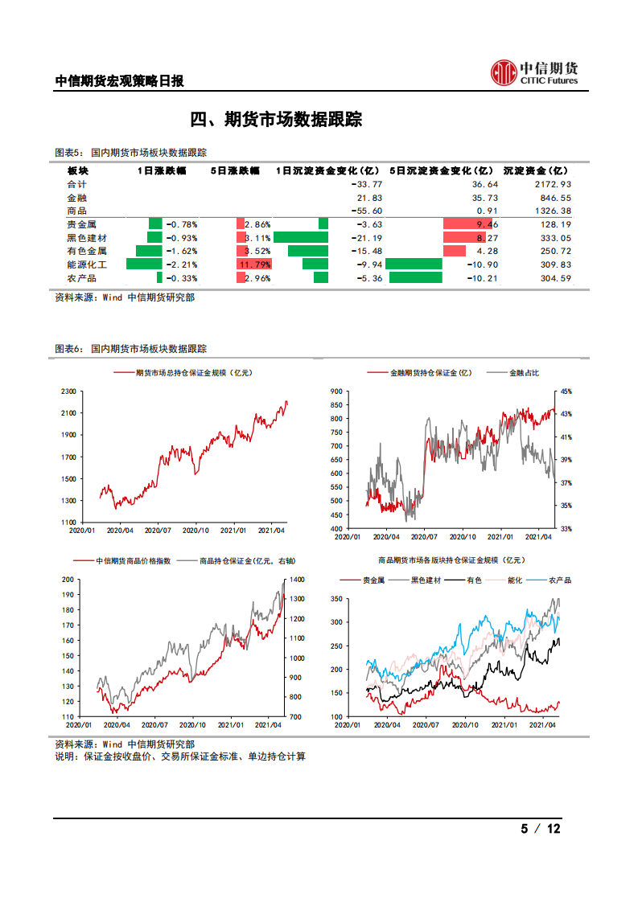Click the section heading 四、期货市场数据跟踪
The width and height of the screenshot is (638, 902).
(276, 120)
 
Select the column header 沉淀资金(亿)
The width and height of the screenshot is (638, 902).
(535, 171)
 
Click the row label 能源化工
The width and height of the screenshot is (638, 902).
(87, 264)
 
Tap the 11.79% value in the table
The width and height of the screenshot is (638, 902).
(255, 264)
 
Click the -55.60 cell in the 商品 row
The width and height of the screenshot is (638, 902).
(367, 211)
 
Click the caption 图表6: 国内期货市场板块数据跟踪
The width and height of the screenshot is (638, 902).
(130, 349)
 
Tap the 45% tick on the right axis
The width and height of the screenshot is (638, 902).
(566, 392)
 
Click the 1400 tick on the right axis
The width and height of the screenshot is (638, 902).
(296, 580)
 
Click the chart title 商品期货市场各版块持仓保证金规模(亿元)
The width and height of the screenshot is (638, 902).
(451, 561)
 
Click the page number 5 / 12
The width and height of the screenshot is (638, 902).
(540, 829)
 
